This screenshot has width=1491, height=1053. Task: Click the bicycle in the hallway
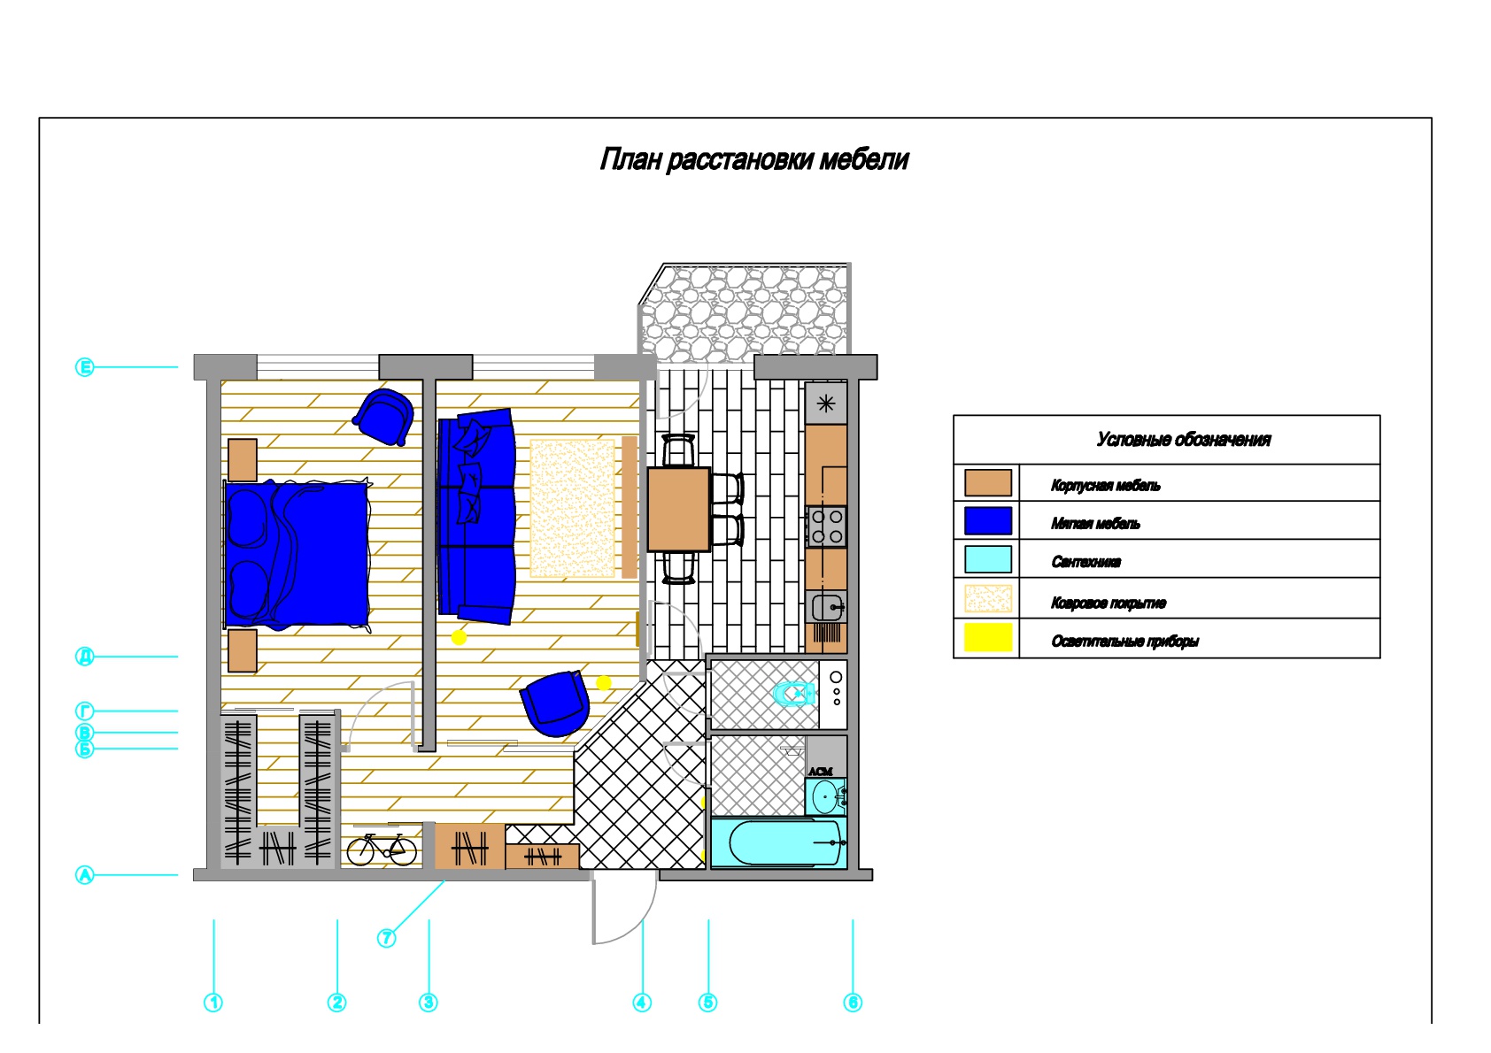382,849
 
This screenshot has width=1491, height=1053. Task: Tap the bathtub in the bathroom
778,842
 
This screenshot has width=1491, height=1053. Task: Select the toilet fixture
795,694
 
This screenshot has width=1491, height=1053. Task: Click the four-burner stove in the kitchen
826,526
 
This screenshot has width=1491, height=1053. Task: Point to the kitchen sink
827,607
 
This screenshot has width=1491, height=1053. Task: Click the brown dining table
678,509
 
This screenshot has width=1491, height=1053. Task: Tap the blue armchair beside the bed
384,417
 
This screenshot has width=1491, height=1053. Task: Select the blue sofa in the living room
476,516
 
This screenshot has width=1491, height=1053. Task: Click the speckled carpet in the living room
572,508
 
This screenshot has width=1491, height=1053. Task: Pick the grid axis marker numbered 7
386,938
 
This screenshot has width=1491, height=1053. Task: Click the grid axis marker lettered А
84,875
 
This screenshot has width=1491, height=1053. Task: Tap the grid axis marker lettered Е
84,366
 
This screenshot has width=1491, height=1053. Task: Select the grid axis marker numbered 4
642,1003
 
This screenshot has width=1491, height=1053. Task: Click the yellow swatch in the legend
988,636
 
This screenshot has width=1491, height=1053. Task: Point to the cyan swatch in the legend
988,558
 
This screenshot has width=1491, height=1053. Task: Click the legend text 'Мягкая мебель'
1095,524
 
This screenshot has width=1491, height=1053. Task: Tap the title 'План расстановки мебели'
753,159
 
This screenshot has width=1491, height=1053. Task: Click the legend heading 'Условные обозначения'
1184,439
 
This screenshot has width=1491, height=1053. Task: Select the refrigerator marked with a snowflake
826,404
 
